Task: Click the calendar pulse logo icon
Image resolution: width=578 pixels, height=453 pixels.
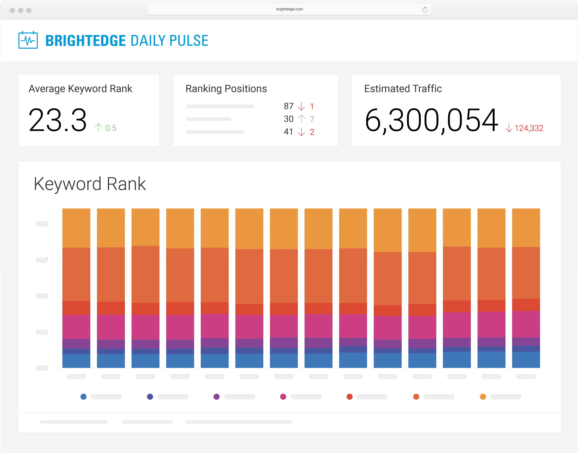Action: click(28, 40)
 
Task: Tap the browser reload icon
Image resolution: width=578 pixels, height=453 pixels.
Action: click(425, 10)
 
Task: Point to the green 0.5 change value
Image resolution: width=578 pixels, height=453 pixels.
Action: click(111, 128)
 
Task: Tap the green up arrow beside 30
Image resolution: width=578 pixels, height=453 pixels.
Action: click(301, 119)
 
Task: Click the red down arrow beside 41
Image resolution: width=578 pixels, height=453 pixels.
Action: click(301, 132)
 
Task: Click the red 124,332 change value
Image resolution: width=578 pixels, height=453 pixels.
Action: click(529, 128)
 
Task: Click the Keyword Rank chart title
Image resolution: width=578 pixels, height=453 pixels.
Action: click(90, 184)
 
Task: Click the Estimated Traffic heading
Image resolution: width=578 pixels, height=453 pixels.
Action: click(403, 89)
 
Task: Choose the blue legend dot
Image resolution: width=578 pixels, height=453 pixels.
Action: click(83, 397)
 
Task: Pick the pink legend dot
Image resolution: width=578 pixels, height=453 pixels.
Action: click(283, 397)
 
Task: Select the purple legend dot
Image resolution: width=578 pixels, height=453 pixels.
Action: click(217, 397)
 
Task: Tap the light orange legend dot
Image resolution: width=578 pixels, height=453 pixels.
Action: click(483, 397)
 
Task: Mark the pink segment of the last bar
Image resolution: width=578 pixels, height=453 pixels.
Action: click(526, 324)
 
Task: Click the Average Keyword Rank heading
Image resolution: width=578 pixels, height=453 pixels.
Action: click(80, 89)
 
